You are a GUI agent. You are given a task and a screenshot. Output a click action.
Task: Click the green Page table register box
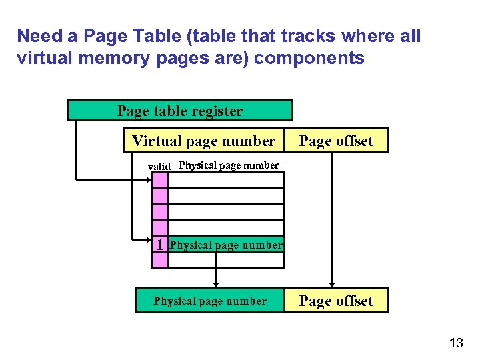coord(180,110)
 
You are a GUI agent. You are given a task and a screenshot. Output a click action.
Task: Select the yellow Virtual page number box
coord(203,141)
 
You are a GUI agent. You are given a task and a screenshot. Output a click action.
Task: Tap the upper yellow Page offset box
coord(336,141)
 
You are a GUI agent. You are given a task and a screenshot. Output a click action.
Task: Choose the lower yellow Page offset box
coord(336,301)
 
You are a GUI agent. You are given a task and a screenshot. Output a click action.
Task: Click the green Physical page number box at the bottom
coord(209,301)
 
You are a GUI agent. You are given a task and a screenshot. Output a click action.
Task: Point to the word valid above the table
coord(159,166)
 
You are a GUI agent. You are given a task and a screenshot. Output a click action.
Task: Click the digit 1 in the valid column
coord(160,245)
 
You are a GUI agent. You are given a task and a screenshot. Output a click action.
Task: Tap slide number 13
coord(456,343)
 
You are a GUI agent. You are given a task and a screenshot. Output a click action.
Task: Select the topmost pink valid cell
coord(160,180)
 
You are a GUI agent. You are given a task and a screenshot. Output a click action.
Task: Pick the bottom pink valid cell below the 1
coord(160,260)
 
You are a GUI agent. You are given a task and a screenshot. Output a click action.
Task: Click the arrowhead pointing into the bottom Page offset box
coord(331,285)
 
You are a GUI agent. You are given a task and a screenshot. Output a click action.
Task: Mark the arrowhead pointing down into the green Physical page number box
coord(215,285)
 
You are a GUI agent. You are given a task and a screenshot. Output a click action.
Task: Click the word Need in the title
coord(38,35)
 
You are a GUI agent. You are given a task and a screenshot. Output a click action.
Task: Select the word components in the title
coord(309,58)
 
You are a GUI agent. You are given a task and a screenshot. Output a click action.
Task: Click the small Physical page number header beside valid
coord(229,165)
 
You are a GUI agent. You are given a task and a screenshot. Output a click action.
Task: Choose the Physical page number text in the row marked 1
coord(226,245)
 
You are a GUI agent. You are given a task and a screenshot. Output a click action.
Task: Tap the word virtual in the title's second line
coord(41,58)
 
